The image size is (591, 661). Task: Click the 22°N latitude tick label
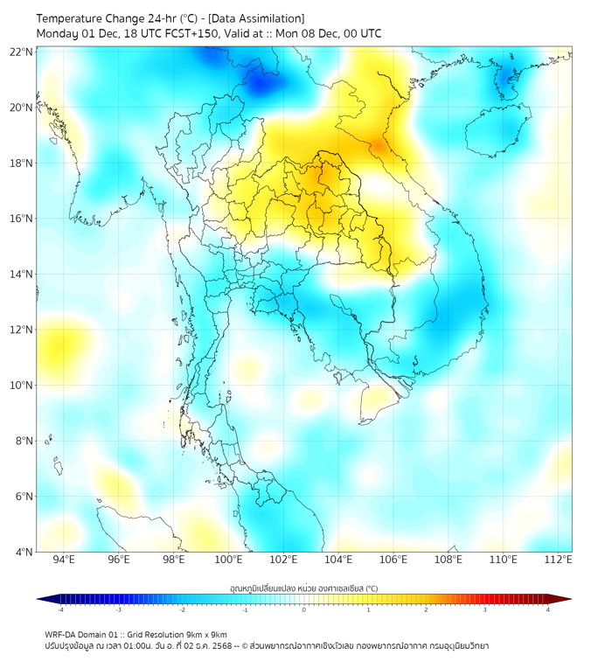(x=22, y=52)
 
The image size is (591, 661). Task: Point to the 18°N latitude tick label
(x=22, y=164)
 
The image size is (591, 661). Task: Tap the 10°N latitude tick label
(x=22, y=386)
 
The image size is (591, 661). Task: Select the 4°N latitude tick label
(x=24, y=552)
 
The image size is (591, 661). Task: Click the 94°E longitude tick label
(x=64, y=560)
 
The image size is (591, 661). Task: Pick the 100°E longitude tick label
(x=229, y=560)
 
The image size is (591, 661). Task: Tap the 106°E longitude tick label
(x=394, y=560)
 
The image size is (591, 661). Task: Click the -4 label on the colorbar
(x=59, y=609)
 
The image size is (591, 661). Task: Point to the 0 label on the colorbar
(x=304, y=609)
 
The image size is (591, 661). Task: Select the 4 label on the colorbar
(x=547, y=609)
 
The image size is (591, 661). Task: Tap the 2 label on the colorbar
(x=426, y=609)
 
